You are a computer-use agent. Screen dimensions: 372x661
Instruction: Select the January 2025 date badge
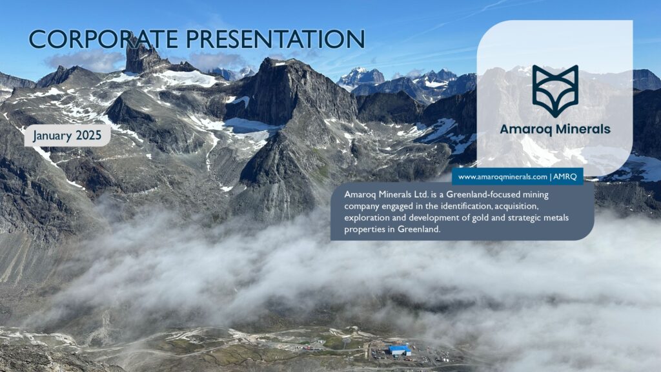(67, 136)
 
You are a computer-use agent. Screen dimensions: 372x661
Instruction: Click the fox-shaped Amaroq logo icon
(554, 90)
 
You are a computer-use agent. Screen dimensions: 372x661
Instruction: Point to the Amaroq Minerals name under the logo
(554, 129)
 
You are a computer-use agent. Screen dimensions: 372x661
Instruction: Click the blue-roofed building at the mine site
(400, 350)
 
